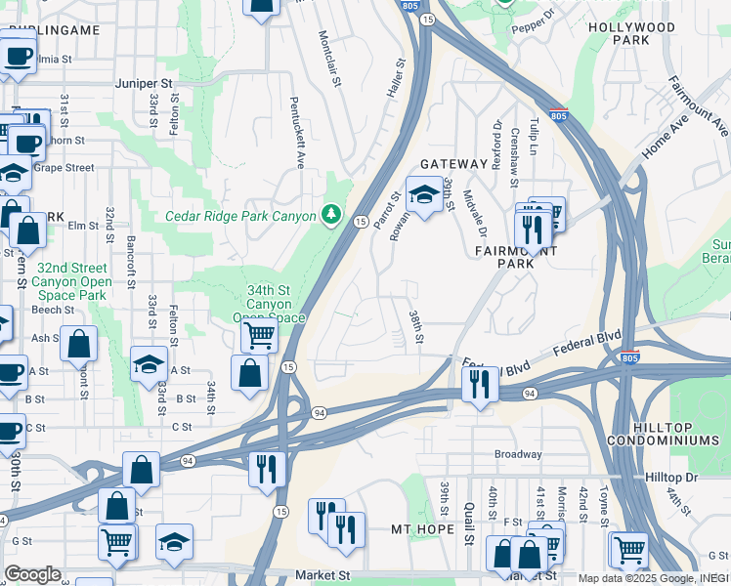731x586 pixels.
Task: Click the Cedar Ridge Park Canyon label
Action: (x=240, y=216)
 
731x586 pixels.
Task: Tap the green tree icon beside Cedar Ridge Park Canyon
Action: (x=333, y=214)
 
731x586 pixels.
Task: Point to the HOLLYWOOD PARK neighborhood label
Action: (x=632, y=33)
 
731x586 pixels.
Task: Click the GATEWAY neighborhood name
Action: (x=453, y=164)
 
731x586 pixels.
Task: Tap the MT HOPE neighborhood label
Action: (x=422, y=529)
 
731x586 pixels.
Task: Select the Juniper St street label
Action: (x=144, y=84)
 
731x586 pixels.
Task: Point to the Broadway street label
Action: (x=517, y=454)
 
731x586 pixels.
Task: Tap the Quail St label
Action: (x=469, y=531)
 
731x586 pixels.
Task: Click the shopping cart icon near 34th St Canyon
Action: (x=259, y=335)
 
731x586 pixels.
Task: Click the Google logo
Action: (x=32, y=574)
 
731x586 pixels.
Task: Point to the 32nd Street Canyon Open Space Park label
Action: (x=73, y=281)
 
